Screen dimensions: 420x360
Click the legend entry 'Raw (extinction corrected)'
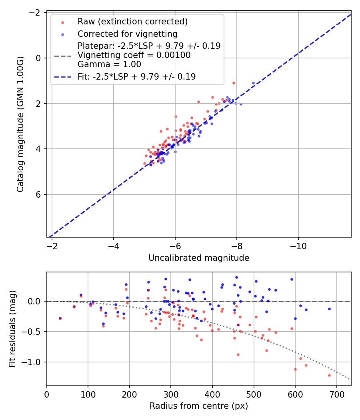pyautogui.click(x=132, y=22)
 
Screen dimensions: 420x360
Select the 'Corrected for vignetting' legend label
pyautogui.click(x=127, y=34)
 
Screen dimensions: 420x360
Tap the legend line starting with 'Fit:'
pyautogui.click(x=137, y=76)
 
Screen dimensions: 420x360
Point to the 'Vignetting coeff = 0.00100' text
pyautogui.click(x=134, y=55)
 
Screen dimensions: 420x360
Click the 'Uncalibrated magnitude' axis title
pyautogui.click(x=199, y=258)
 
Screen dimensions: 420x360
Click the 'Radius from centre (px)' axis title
pyautogui.click(x=199, y=406)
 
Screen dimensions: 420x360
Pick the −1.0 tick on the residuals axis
pyautogui.click(x=34, y=362)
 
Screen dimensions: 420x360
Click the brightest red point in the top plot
pyautogui.click(x=234, y=83)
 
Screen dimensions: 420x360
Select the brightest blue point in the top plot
pyautogui.click(x=253, y=83)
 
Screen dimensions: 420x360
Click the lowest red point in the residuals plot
pyautogui.click(x=329, y=375)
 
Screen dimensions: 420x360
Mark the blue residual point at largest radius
pyautogui.click(x=329, y=309)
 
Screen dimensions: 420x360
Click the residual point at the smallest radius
pyautogui.click(x=60, y=318)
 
